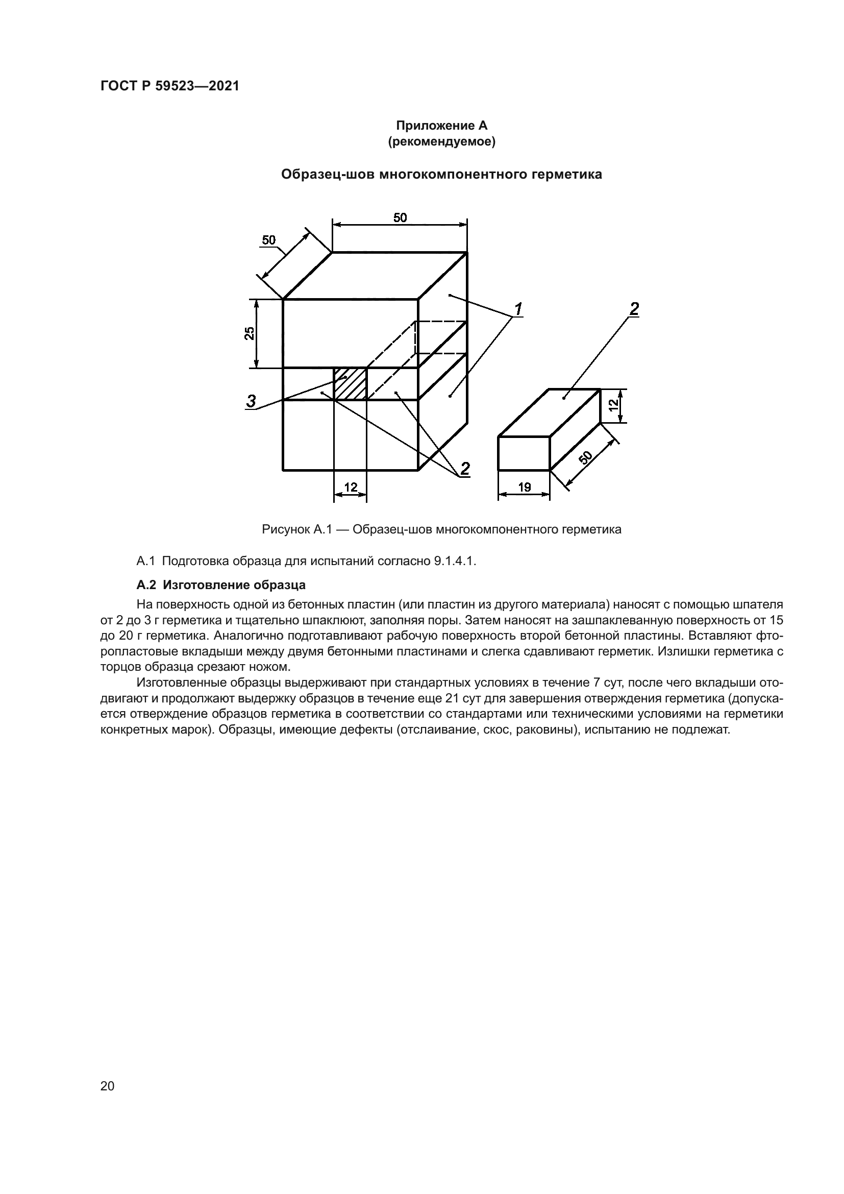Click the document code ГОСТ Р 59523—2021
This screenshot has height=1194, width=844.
(x=170, y=86)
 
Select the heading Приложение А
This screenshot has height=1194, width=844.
(x=442, y=126)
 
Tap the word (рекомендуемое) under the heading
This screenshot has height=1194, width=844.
(x=442, y=141)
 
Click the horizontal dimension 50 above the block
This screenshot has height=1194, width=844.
(x=400, y=218)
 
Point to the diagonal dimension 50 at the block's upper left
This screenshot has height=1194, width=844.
(x=269, y=240)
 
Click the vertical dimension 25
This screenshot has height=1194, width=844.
(x=250, y=333)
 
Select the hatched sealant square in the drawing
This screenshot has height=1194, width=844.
(x=350, y=384)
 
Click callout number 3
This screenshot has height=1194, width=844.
(x=251, y=401)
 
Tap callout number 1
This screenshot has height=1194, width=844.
(x=517, y=309)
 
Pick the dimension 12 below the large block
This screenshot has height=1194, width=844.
(x=351, y=488)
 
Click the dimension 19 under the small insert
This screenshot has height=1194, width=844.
(x=525, y=488)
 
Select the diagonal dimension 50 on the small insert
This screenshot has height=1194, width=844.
(x=585, y=457)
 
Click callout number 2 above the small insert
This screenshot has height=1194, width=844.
(x=634, y=309)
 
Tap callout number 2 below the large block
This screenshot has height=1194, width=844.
(x=465, y=469)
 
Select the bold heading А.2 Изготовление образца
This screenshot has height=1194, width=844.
(x=221, y=585)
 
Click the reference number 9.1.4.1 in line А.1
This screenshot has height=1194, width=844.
(x=454, y=562)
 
